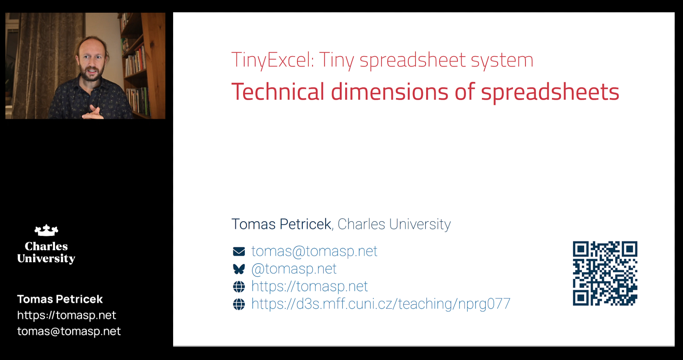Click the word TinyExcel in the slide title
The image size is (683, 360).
tap(272, 60)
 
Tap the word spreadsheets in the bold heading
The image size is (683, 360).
tap(550, 93)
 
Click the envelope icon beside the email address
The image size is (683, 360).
tap(239, 251)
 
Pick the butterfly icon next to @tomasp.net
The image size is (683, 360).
tap(239, 269)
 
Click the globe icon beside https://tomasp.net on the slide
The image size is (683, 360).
tap(239, 287)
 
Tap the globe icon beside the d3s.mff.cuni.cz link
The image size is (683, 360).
tap(239, 304)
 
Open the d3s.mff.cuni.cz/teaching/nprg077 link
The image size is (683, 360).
tap(381, 304)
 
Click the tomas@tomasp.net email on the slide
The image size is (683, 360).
tap(314, 251)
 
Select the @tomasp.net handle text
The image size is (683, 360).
tap(294, 269)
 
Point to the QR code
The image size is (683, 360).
tap(605, 273)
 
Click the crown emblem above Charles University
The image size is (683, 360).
tap(46, 230)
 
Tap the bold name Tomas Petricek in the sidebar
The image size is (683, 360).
tap(60, 299)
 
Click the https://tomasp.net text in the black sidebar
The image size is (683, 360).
tap(67, 315)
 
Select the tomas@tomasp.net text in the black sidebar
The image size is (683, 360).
tap(69, 331)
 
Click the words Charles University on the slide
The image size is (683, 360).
tap(394, 224)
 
